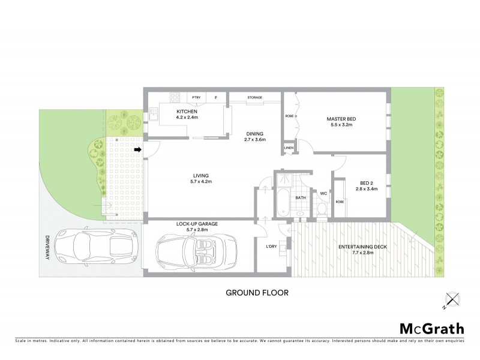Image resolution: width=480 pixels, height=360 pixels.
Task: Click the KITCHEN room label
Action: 187,112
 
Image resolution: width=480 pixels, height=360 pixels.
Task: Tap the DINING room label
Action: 254,134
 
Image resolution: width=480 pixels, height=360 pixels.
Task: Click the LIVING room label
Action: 201,175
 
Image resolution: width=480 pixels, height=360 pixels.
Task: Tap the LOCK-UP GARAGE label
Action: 196,223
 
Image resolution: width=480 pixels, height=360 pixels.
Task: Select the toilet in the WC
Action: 322,208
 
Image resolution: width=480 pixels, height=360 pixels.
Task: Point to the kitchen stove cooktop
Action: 175,97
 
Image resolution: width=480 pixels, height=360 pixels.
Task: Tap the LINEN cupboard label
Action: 289,147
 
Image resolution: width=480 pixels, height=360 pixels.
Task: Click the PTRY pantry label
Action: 196,97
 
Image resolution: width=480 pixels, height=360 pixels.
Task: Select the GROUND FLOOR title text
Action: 257,293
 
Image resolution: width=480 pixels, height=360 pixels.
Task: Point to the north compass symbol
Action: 451,299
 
